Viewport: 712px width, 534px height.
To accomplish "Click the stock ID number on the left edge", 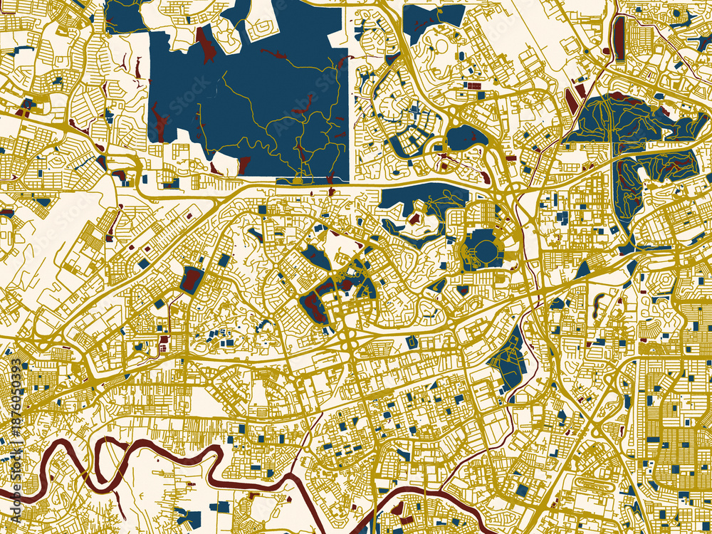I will click(16, 395).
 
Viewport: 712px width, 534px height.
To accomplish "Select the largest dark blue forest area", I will click(249, 93).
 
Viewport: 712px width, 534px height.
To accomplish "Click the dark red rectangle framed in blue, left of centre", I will click(191, 280).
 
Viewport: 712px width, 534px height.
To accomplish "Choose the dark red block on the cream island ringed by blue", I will click(414, 218).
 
